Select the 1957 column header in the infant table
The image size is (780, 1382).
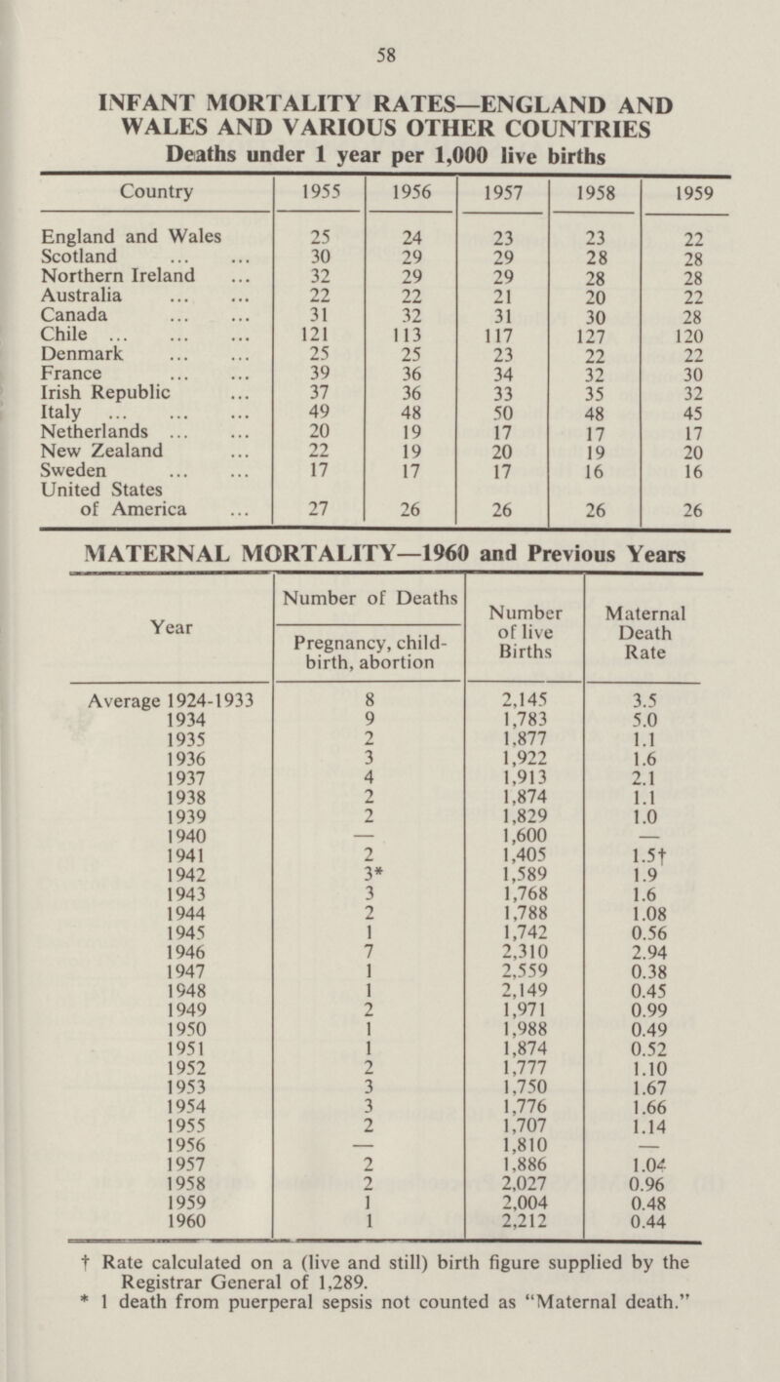point(504,195)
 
